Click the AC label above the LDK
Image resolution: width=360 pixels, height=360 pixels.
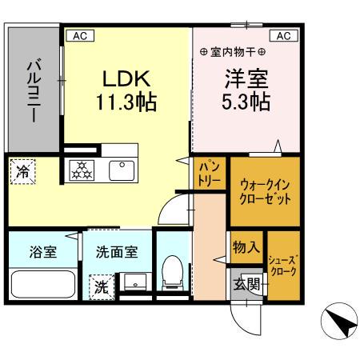point(80,36)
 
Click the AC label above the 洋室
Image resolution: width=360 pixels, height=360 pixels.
point(285,36)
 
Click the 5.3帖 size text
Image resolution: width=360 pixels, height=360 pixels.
point(246,102)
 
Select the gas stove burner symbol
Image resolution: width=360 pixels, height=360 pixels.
point(82,170)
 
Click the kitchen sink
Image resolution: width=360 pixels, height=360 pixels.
point(122,170)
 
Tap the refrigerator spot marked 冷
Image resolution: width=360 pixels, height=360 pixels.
point(22,170)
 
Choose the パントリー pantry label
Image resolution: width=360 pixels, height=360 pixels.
point(210,174)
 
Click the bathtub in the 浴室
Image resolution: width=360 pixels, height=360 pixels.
point(42,283)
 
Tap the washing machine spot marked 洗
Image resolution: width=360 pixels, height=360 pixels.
point(102,286)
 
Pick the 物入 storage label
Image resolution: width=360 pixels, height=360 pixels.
point(246,247)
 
